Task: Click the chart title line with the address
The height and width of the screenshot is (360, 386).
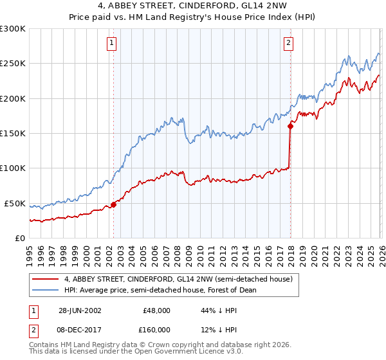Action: click(193, 8)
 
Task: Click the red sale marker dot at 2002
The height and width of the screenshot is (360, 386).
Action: click(114, 204)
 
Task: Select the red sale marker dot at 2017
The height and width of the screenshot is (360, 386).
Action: click(290, 127)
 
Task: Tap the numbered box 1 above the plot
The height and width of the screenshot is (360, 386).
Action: click(112, 43)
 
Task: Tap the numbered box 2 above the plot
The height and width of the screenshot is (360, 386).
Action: click(288, 43)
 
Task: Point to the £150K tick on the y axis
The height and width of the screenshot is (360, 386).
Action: click(13, 134)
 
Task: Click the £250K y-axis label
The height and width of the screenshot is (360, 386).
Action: click(13, 64)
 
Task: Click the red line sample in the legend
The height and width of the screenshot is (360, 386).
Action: click(46, 279)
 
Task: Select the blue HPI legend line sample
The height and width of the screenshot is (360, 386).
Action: click(46, 290)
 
